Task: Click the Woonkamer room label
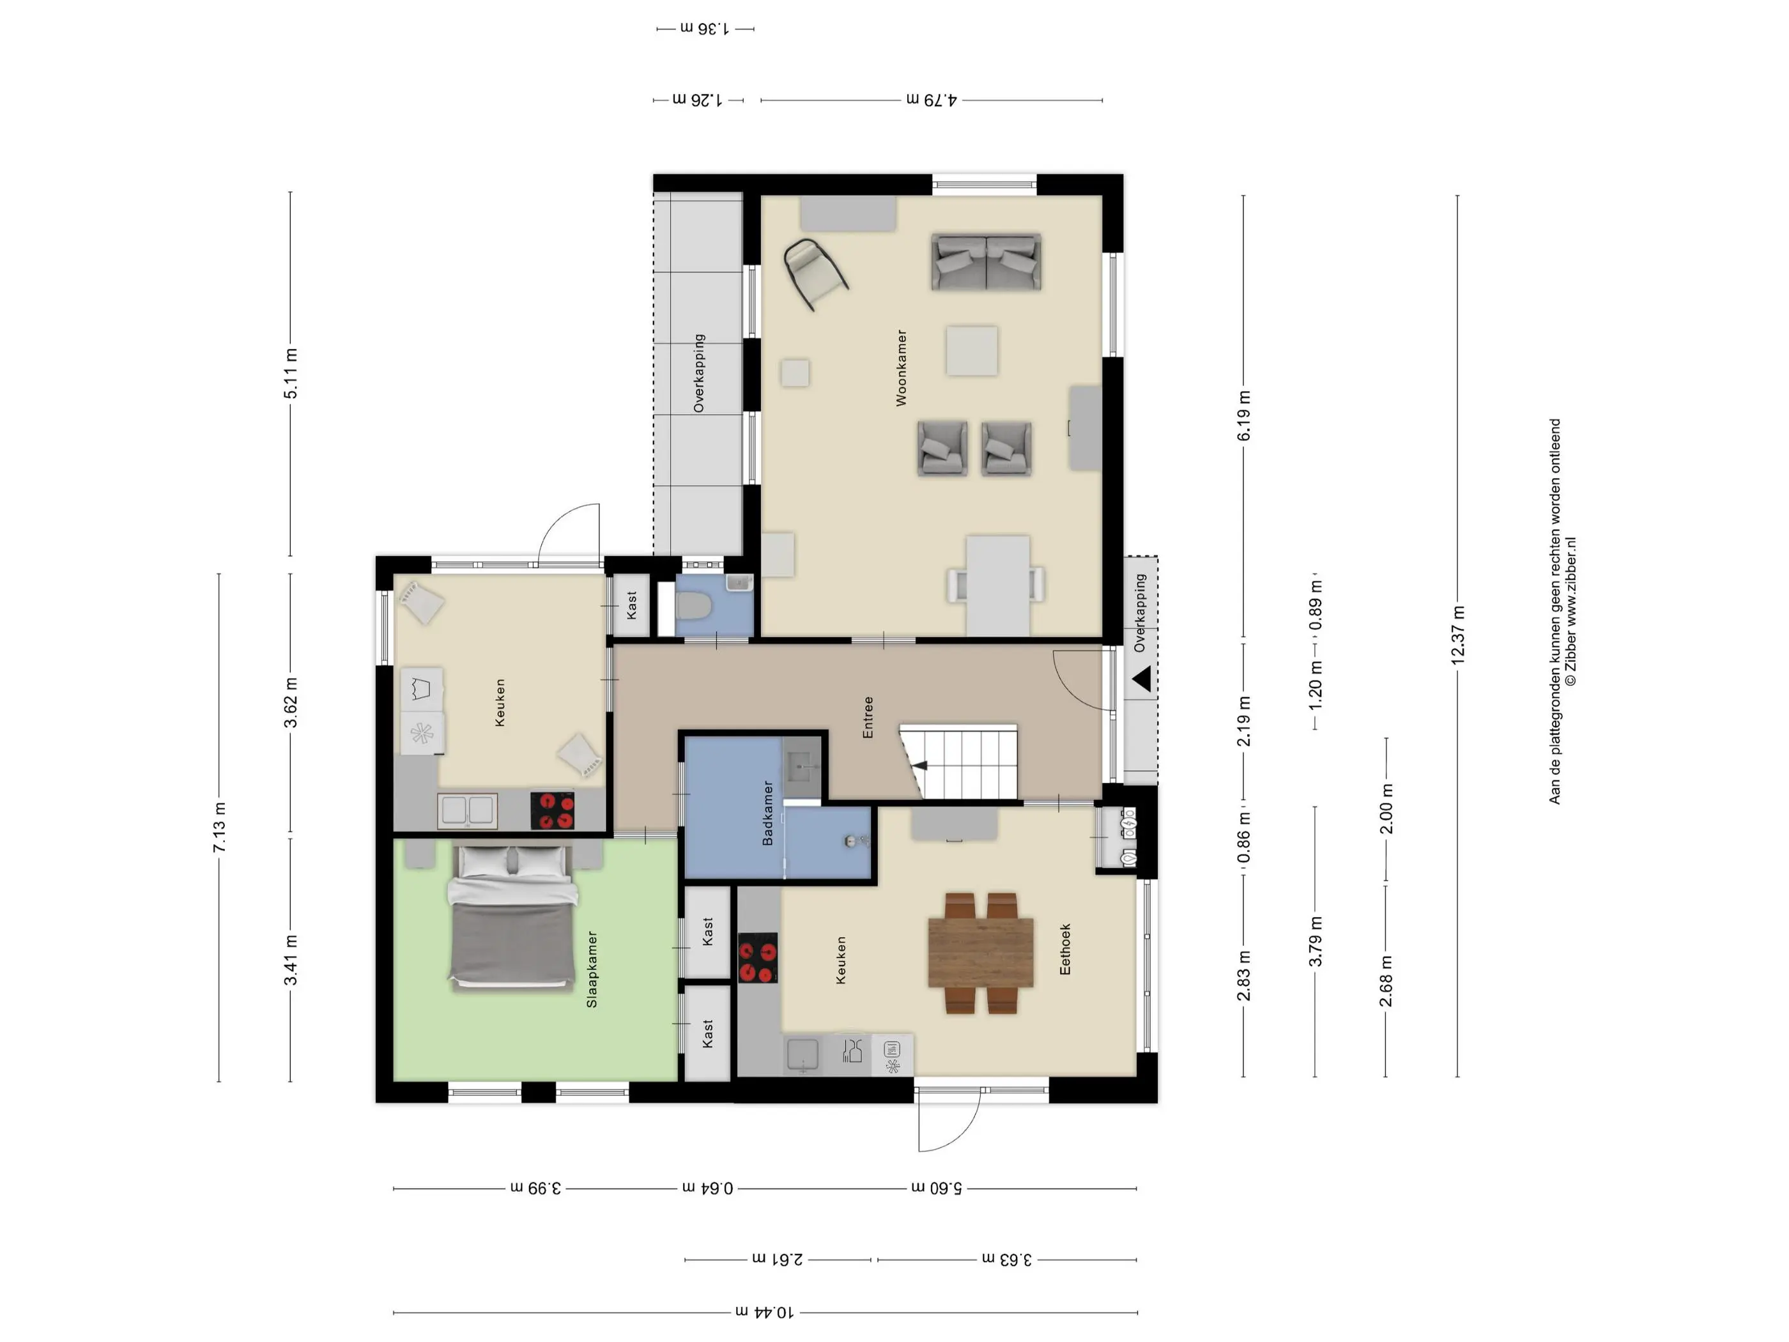point(901,367)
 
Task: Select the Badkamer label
point(767,813)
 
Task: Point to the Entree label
point(868,718)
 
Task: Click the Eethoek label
point(1065,949)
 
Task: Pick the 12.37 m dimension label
point(1457,635)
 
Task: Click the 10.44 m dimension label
point(764,1312)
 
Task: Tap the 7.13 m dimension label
point(219,828)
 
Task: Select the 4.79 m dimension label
point(931,100)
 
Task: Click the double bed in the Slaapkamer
point(514,916)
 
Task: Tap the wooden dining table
point(980,952)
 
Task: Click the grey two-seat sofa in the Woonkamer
point(986,262)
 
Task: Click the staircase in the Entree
point(959,760)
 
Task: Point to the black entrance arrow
point(1142,679)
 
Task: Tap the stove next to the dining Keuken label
point(758,958)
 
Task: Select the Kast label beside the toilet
point(632,605)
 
